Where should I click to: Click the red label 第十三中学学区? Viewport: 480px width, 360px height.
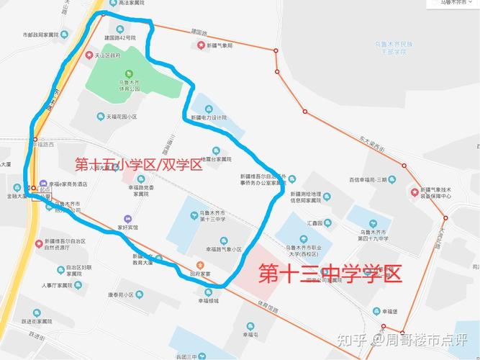[330, 274]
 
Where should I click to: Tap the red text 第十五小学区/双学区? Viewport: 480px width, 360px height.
[139, 164]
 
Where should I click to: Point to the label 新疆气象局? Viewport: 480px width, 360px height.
[219, 45]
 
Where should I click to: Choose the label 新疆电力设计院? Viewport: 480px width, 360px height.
[209, 117]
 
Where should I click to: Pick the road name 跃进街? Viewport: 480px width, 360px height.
[36, 335]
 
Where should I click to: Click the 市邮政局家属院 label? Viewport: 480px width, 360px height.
[49, 34]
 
